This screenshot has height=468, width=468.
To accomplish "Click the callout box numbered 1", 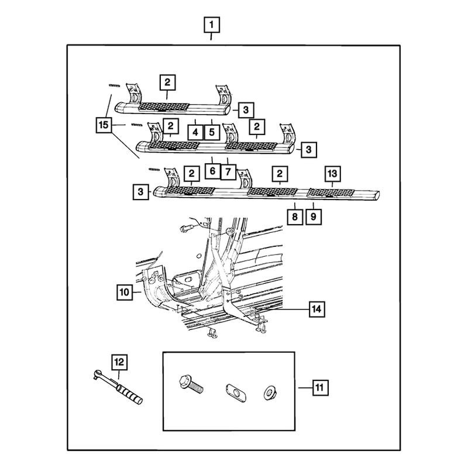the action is (212, 25).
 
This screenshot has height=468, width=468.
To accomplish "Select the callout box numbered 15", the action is (104, 125).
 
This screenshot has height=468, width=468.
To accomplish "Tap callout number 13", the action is (332, 174).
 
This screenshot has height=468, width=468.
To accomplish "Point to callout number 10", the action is (125, 292).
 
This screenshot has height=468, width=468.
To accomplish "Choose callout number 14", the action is (316, 309).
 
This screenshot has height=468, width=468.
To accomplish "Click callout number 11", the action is (320, 388).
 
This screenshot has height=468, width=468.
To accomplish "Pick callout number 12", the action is (119, 362).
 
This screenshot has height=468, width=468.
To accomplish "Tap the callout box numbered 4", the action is (195, 132).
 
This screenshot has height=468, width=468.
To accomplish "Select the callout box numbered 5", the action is (212, 132).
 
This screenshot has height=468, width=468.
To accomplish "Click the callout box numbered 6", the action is (212, 171).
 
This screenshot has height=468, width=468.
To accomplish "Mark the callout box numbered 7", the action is (228, 172).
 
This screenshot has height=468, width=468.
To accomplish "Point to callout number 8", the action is (295, 216).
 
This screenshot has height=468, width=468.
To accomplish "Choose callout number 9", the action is (314, 216).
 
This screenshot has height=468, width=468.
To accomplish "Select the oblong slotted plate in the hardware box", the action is (236, 393).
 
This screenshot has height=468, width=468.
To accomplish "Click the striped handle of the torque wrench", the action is (129, 394).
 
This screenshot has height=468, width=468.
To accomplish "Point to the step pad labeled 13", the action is (331, 193).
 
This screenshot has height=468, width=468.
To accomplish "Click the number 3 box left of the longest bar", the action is (140, 192).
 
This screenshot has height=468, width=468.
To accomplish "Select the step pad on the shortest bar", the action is (164, 108).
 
